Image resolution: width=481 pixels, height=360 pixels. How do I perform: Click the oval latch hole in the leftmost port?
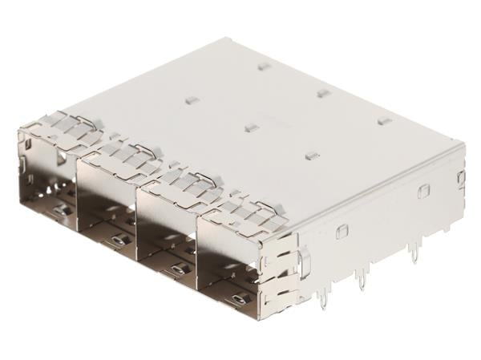tap(59, 210)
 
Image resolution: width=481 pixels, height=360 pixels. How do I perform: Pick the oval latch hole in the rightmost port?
tap(237, 300)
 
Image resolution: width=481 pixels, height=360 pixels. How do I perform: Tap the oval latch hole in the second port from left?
tap(118, 240)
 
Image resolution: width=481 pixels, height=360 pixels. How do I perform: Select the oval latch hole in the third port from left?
tap(177, 269)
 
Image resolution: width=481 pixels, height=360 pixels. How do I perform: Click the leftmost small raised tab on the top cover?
tap(192, 100)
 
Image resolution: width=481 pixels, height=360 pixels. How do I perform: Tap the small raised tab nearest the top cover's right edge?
tap(385, 121)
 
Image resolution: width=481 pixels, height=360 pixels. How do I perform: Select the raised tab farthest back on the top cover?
tap(265, 66)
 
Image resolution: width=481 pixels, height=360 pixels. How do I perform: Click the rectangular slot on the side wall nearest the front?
tap(342, 231)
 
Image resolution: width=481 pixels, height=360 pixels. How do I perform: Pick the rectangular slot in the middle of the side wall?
tap(423, 191)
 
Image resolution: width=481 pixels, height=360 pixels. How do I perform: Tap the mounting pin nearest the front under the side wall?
tap(322, 301)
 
